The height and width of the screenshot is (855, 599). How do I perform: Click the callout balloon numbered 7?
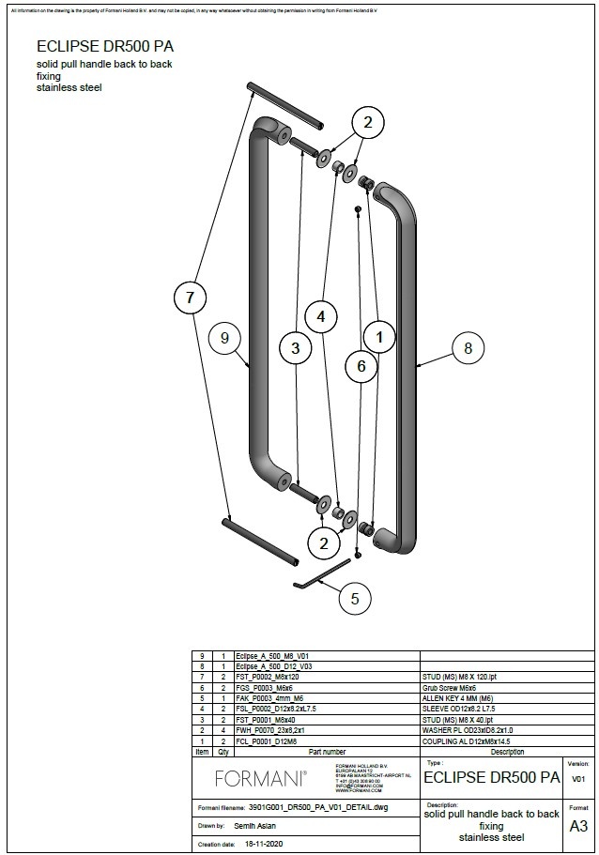(x=191, y=298)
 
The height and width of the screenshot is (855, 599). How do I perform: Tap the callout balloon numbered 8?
(x=468, y=348)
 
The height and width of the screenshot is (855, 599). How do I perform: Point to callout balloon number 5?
(x=354, y=597)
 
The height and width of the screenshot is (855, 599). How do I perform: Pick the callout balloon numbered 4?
(x=321, y=317)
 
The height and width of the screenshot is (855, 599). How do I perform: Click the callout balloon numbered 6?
(x=361, y=367)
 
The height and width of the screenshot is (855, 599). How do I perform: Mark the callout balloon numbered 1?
(x=379, y=335)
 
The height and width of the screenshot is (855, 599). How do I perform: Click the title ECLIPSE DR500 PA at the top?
(x=105, y=46)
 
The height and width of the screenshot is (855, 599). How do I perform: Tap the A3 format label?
(x=579, y=826)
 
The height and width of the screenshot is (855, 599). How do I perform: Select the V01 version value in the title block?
(x=578, y=779)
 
